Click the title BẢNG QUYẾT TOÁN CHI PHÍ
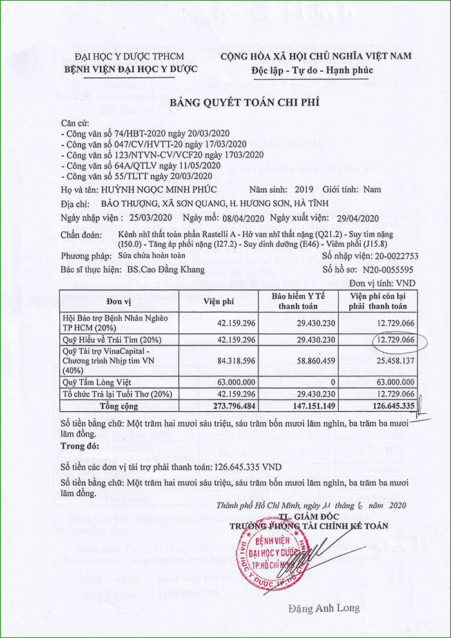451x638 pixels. pos(244,102)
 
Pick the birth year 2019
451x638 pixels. pos(302,189)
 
